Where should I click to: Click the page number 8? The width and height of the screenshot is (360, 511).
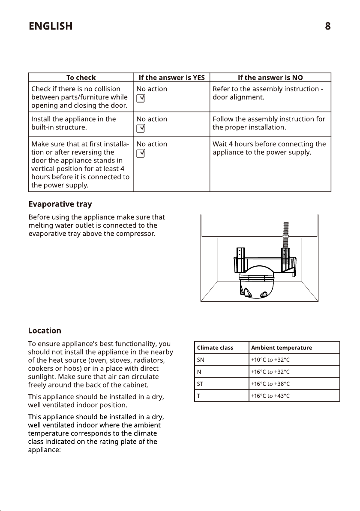coord(327,26)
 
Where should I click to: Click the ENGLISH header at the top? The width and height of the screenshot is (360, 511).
coord(50,26)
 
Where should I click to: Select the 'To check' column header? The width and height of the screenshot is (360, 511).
coord(81,78)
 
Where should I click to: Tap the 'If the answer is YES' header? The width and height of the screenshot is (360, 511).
coord(171,78)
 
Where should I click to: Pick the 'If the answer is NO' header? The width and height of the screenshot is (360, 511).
coord(270,78)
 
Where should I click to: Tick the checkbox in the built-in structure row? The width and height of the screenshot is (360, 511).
coord(140,129)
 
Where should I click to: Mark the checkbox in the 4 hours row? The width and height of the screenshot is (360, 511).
coord(140,154)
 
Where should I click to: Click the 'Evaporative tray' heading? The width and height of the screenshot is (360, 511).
coord(60,204)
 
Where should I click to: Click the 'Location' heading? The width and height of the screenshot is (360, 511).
coord(45,331)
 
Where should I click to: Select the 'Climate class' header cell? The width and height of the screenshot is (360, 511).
coord(215,348)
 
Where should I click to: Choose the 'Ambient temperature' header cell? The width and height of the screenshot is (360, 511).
coord(282,348)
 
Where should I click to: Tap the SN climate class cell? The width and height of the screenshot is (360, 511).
coord(200,360)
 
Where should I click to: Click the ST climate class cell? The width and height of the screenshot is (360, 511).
coord(200,384)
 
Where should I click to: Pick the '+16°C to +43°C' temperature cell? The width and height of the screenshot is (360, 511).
coord(270,396)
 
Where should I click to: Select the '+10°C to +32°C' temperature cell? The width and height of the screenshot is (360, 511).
coord(270,360)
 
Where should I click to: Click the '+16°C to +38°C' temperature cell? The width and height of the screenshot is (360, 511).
coord(270,384)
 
